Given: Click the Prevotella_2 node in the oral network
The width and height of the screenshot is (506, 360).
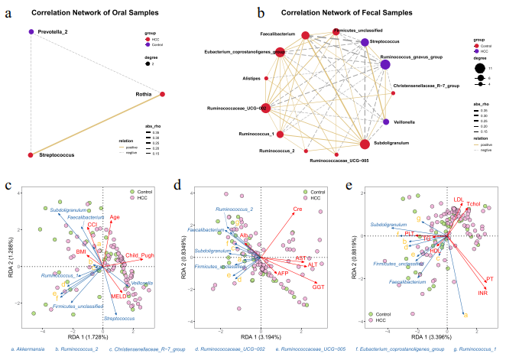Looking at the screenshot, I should coord(31,31).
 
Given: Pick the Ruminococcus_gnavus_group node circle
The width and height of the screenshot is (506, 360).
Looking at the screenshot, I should coord(387,65).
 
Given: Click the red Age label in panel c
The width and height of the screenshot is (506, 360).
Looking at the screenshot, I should coord(115,217).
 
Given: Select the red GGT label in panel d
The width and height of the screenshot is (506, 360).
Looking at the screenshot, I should coord(318,286).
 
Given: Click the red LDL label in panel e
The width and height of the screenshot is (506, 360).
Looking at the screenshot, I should coord(458,199).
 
